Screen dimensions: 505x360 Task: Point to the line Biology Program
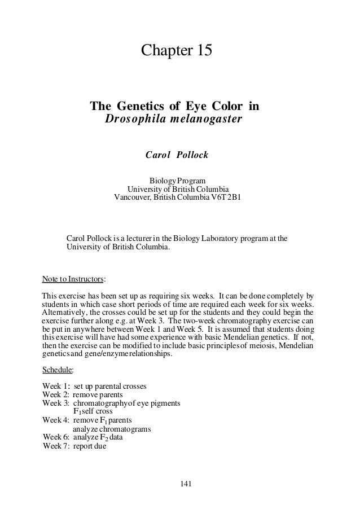[x=177, y=180]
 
